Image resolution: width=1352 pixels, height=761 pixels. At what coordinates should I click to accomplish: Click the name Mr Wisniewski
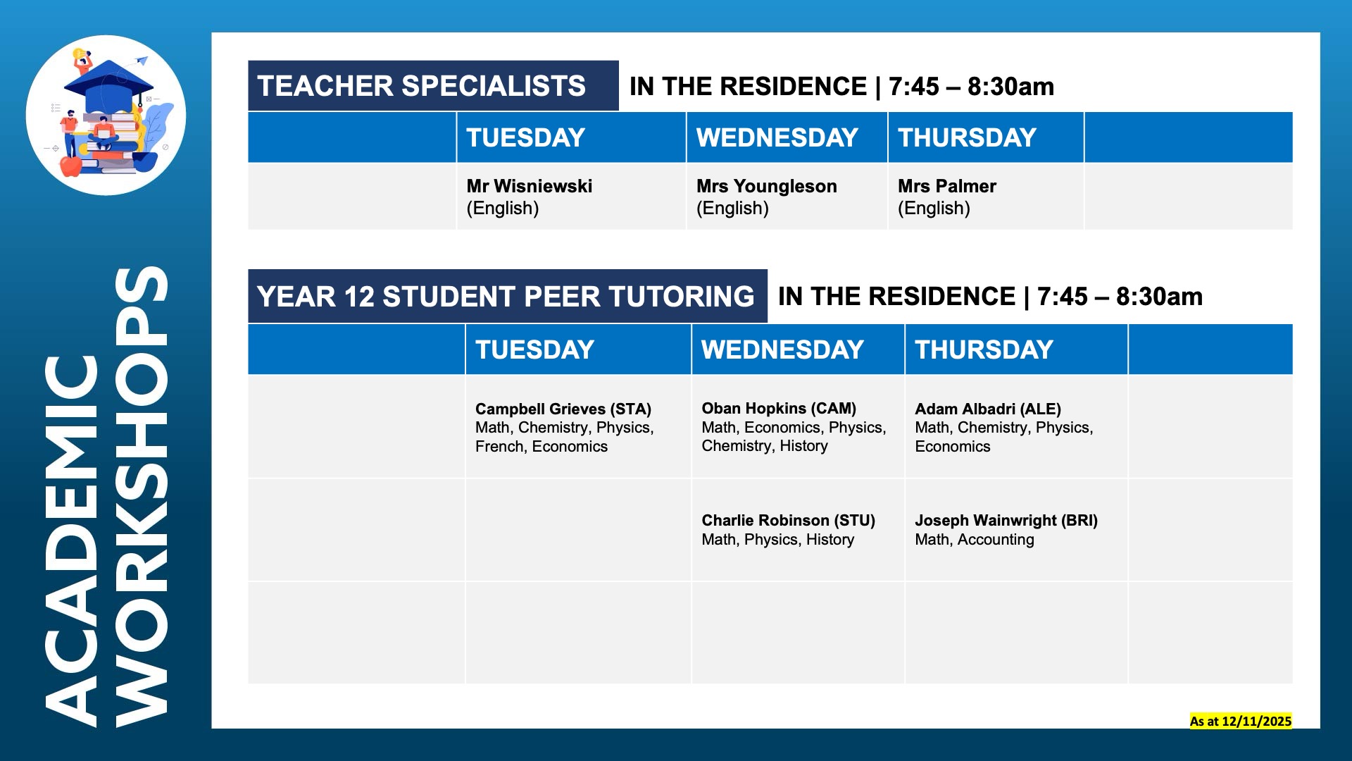point(529,186)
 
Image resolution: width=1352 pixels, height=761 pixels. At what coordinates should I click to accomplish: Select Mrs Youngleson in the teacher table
point(766,186)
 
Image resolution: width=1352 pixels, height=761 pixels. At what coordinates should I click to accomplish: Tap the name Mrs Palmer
point(946,186)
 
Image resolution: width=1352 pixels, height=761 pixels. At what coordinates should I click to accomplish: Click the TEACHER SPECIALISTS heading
point(421,86)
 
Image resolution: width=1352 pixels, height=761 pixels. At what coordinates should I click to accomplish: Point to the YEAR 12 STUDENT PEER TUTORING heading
point(506,297)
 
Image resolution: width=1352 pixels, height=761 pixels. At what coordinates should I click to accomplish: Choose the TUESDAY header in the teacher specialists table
point(525,137)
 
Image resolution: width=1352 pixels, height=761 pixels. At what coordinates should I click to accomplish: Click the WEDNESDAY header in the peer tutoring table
point(782,349)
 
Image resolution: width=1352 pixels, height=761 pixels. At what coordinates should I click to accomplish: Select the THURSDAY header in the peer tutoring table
point(984,349)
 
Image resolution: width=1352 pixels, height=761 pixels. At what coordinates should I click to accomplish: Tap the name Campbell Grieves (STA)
point(563,409)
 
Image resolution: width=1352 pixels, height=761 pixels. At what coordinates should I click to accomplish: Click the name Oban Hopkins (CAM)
point(779,408)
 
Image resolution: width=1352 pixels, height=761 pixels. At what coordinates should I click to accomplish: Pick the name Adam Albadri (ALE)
point(987,409)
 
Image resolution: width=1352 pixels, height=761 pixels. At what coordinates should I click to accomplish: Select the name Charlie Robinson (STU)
point(788,520)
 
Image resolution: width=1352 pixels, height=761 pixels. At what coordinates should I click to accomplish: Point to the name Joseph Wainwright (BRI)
point(1006,520)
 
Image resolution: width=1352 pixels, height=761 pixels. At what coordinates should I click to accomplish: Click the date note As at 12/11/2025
point(1241,721)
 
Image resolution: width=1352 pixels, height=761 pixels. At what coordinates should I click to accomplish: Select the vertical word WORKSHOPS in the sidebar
point(142,497)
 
